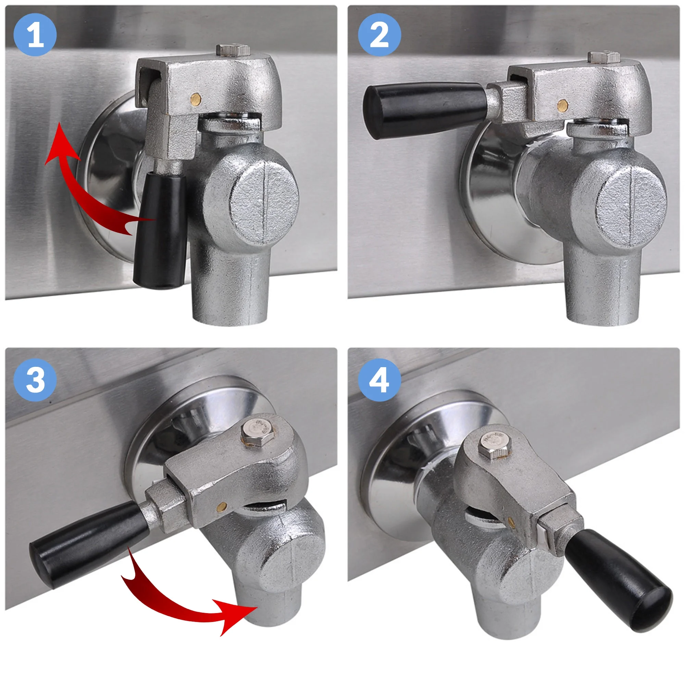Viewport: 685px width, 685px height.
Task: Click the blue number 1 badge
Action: tap(35, 35)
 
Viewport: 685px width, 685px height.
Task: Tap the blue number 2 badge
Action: tap(379, 35)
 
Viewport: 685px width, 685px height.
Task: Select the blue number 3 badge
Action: tap(35, 380)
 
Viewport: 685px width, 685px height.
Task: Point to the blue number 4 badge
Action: tap(379, 380)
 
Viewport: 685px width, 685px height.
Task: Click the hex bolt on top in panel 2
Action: tap(604, 57)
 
